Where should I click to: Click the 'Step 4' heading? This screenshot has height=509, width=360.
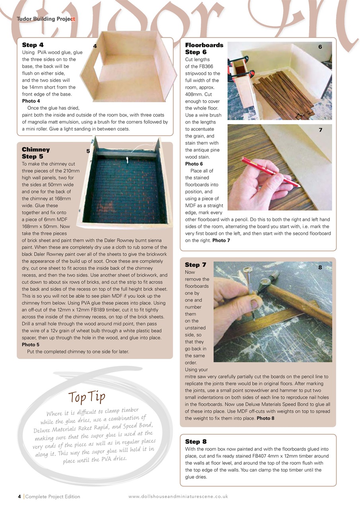[x=33, y=45]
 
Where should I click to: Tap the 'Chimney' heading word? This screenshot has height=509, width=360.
[x=36, y=150]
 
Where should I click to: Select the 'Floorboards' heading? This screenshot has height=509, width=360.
[x=204, y=45]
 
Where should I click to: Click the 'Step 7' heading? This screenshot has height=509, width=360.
[x=195, y=265]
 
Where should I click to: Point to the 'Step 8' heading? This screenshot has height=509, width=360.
[x=195, y=441]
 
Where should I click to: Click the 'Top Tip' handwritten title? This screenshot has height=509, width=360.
[x=87, y=396]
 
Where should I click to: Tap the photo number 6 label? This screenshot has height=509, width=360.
[x=320, y=47]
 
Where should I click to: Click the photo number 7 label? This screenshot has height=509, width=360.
[x=320, y=130]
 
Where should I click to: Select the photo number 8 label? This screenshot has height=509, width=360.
[x=320, y=268]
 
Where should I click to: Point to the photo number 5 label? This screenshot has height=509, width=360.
[x=88, y=151]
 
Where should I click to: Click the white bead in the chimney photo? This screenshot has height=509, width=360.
[x=128, y=161]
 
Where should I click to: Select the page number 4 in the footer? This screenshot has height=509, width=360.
[x=19, y=496]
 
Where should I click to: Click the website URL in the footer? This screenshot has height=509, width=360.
[x=178, y=496]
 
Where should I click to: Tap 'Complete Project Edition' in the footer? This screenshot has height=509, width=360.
[x=53, y=496]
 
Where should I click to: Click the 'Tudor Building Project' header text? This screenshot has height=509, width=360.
[x=46, y=19]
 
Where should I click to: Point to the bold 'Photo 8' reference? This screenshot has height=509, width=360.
[x=265, y=418]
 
